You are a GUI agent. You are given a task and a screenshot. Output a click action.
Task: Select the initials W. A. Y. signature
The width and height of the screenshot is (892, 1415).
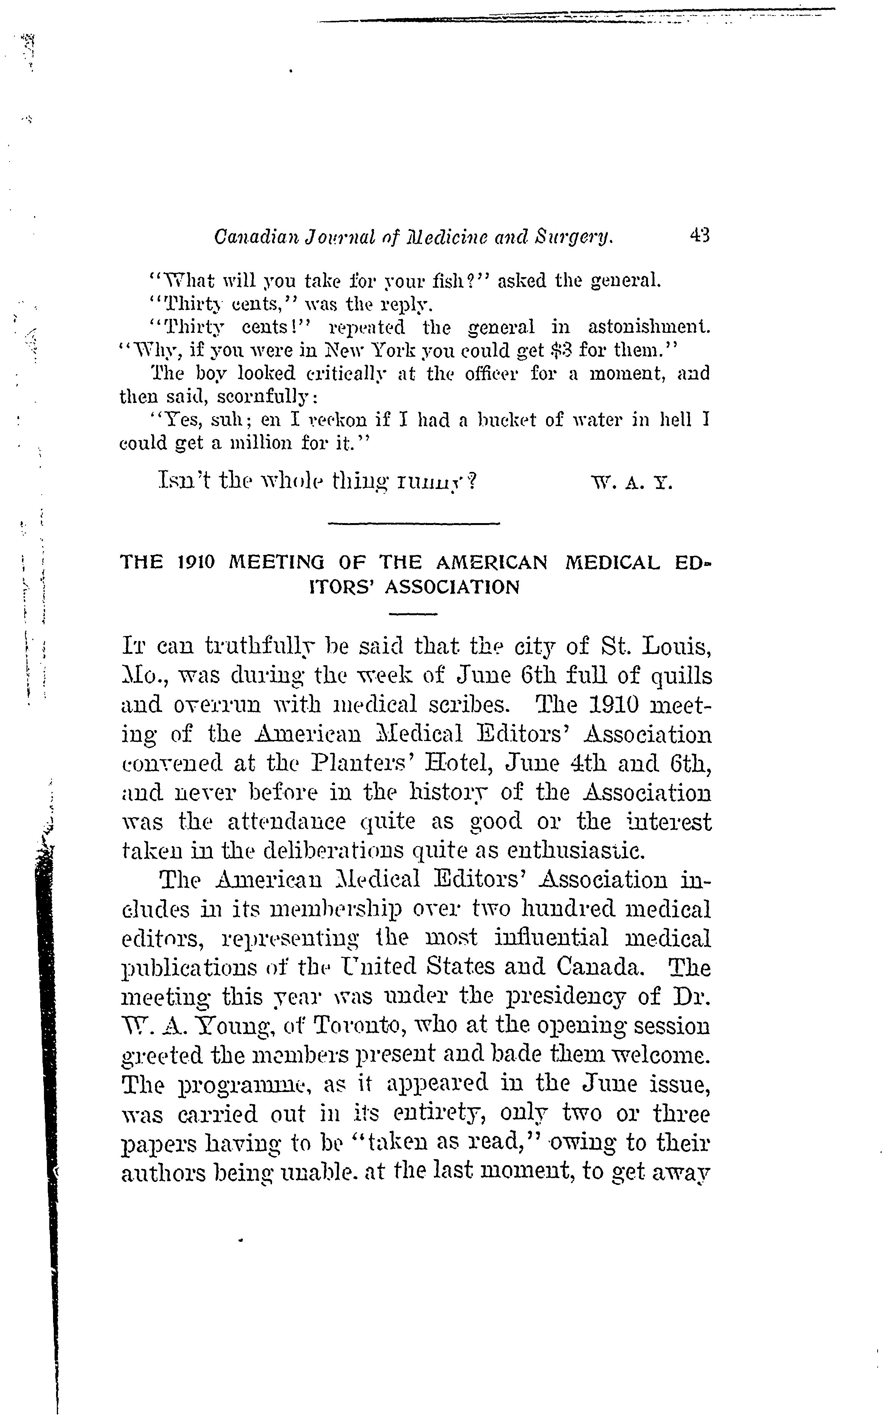631,483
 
